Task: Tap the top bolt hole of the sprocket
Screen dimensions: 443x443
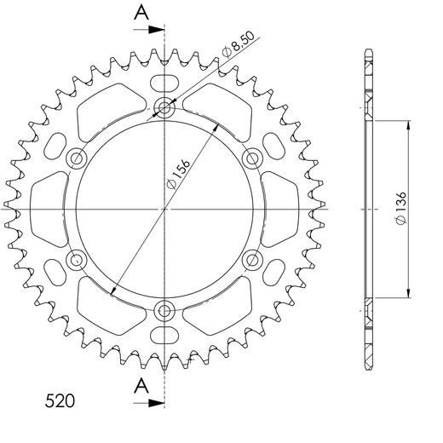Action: pyautogui.click(x=165, y=108)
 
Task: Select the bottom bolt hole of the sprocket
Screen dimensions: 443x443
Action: pyautogui.click(x=165, y=309)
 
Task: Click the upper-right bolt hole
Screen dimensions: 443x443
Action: pyautogui.click(x=252, y=158)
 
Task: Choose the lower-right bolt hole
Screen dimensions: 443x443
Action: pyautogui.click(x=252, y=259)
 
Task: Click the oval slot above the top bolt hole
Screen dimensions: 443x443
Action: pyautogui.click(x=165, y=83)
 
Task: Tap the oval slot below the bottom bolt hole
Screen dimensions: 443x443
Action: pyautogui.click(x=165, y=333)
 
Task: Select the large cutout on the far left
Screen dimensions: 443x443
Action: pyautogui.click(x=49, y=209)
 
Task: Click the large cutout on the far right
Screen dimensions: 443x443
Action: pyautogui.click(x=282, y=209)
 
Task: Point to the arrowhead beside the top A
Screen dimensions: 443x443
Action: pyautogui.click(x=158, y=28)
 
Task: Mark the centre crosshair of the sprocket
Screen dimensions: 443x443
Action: pyautogui.click(x=165, y=209)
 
